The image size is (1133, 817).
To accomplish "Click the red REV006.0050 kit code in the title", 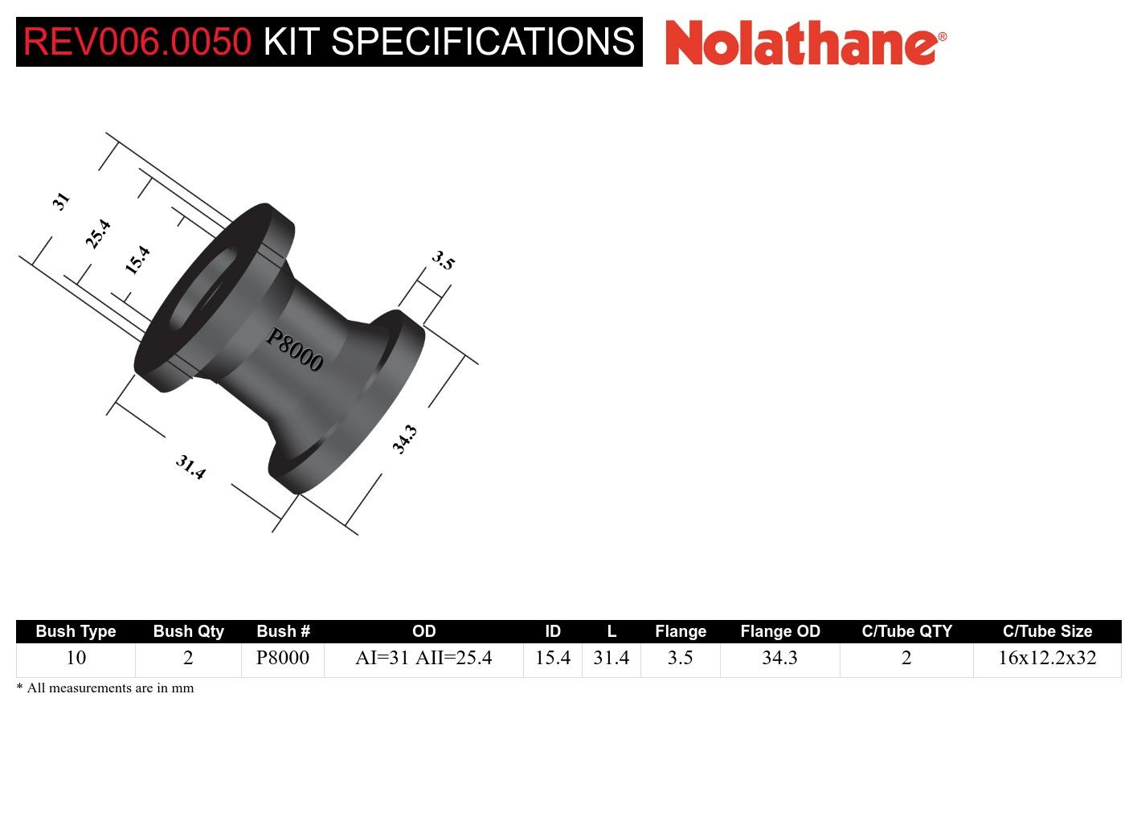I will point(137,42).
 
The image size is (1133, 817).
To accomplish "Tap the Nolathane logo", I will point(805,42).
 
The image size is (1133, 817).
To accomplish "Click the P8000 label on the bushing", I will point(294,351).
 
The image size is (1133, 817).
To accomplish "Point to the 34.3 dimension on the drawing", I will point(404,440).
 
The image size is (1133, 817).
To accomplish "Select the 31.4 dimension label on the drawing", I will point(190,466).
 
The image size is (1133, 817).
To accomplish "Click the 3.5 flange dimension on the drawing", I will point(443,260).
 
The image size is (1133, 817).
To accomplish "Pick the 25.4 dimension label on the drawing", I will point(97,234).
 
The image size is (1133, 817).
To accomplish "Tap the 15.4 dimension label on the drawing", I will point(137,261).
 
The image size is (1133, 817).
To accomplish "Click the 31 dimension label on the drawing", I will point(61,200).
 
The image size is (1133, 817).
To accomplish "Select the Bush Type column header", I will point(76,631).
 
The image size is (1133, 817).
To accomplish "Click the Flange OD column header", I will point(779,631).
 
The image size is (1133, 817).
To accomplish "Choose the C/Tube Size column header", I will point(1047,631).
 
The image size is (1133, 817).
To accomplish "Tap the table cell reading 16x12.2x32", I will point(1047,658).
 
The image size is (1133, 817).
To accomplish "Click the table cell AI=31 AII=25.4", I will point(423,658).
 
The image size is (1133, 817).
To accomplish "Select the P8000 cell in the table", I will point(283,658).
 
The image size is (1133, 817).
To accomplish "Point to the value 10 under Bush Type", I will point(76,658).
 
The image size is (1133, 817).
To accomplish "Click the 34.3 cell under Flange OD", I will point(779,658).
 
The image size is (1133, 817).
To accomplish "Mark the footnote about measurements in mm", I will point(105,688).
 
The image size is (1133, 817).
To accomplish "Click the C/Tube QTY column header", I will point(906,631).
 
